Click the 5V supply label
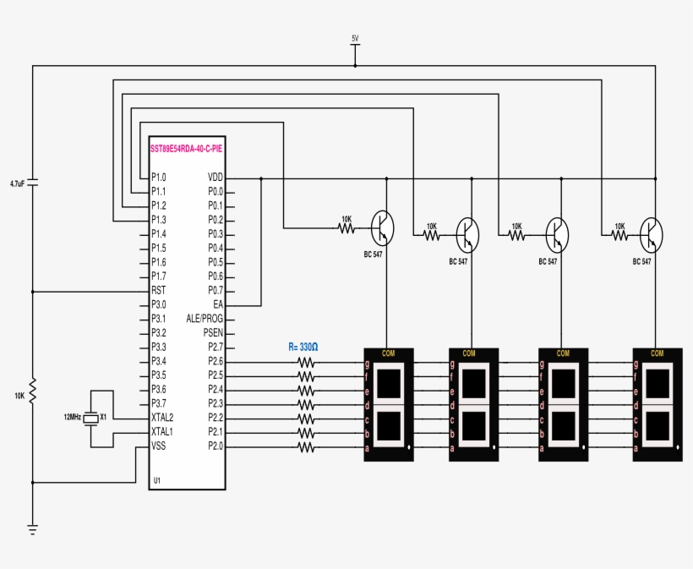click(x=355, y=38)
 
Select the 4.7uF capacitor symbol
click(x=33, y=183)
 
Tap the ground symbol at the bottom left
click(x=33, y=530)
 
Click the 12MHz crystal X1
click(x=92, y=418)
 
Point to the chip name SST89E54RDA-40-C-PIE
click(x=187, y=148)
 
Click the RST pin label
click(x=158, y=290)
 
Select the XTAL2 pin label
click(x=162, y=418)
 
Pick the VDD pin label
click(x=215, y=178)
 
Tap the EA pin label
click(x=217, y=304)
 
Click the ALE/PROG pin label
click(x=205, y=319)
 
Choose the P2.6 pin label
click(x=215, y=362)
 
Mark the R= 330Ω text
click(x=303, y=347)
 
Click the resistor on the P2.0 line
click(x=306, y=446)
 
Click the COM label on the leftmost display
click(x=389, y=353)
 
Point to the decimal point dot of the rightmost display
click(x=677, y=445)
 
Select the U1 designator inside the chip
click(x=157, y=480)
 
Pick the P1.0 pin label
click(x=158, y=178)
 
